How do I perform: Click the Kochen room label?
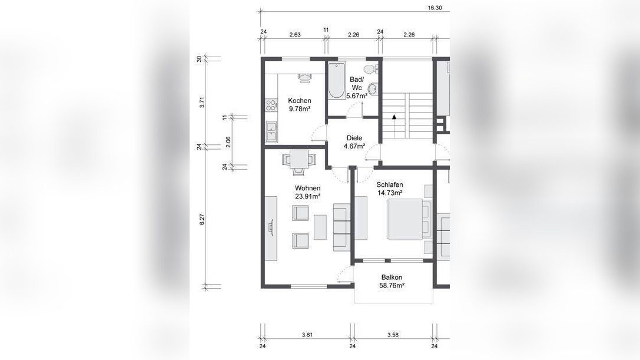pyautogui.click(x=299, y=101)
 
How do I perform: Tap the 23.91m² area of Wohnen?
pyautogui.click(x=307, y=196)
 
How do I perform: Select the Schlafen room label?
pyautogui.click(x=390, y=184)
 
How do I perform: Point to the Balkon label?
pyautogui.click(x=392, y=278)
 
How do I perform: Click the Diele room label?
pyautogui.click(x=354, y=138)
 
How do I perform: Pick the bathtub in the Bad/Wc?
pyautogui.click(x=337, y=81)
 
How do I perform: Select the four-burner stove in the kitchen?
pyautogui.click(x=271, y=105)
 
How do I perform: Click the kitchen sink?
pyautogui.click(x=271, y=132)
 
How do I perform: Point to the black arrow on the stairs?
pyautogui.click(x=394, y=117)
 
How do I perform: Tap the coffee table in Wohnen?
pyautogui.click(x=320, y=227)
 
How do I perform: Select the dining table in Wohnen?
pyautogui.click(x=299, y=159)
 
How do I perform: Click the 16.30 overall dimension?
pyautogui.click(x=435, y=7)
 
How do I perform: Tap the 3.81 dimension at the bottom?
pyautogui.click(x=307, y=335)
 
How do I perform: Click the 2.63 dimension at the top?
pyautogui.click(x=295, y=35)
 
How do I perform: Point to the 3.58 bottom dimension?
pyautogui.click(x=393, y=335)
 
